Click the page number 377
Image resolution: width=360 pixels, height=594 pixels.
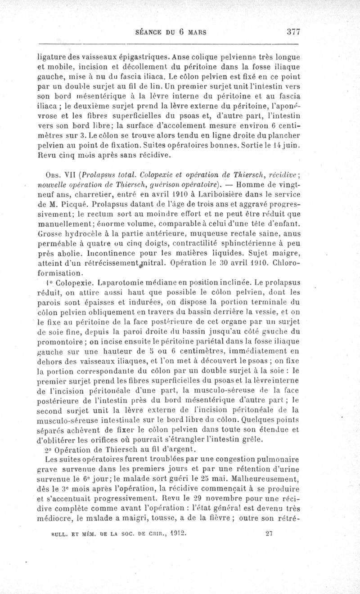(292, 32)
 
